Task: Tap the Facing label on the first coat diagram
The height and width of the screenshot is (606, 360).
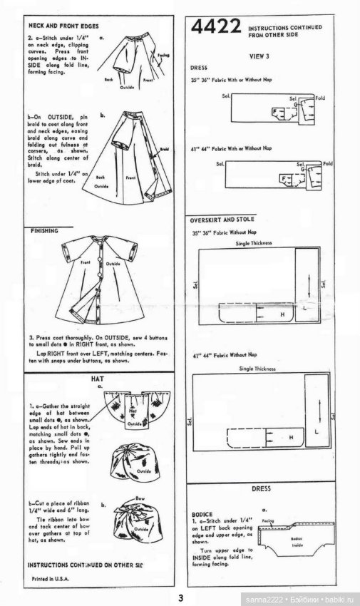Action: [x=163, y=55]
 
